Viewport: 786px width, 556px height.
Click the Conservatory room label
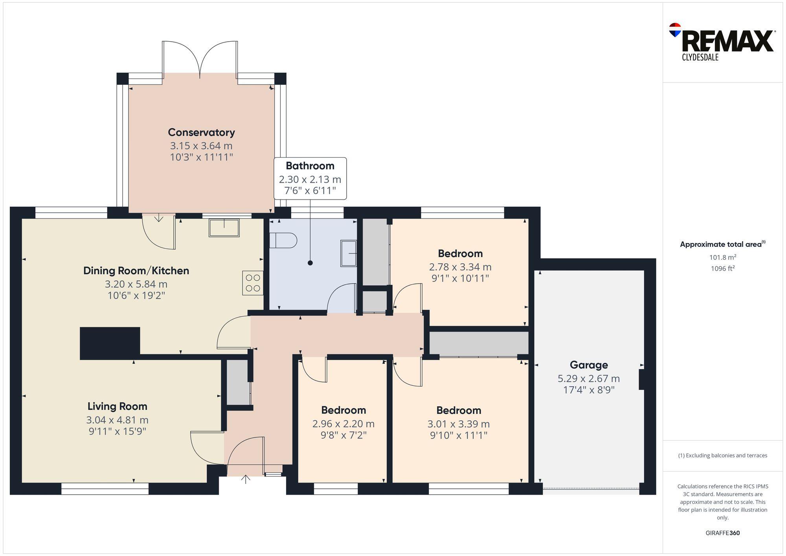pyautogui.click(x=201, y=132)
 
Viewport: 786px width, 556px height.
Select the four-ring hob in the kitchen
pyautogui.click(x=253, y=283)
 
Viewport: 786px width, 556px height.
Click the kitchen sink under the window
pyautogui.click(x=224, y=228)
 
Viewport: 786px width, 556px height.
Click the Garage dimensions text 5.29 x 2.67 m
pyautogui.click(x=588, y=379)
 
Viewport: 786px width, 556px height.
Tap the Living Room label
pyautogui.click(x=117, y=406)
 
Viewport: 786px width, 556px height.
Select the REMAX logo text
pyautogui.click(x=727, y=41)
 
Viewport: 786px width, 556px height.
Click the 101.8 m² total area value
pyautogui.click(x=722, y=258)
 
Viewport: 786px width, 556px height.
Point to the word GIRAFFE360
pyautogui.click(x=722, y=533)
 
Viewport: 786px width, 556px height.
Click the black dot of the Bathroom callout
pyautogui.click(x=310, y=263)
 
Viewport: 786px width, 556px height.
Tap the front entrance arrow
pyautogui.click(x=246, y=479)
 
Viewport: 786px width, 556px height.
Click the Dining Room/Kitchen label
pyautogui.click(x=136, y=271)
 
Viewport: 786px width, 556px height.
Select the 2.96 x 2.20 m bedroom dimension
pyautogui.click(x=343, y=424)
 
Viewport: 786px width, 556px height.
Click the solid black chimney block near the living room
pyautogui.click(x=110, y=343)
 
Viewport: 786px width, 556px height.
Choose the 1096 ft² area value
pyautogui.click(x=722, y=269)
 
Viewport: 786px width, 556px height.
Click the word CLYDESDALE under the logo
pyautogui.click(x=700, y=57)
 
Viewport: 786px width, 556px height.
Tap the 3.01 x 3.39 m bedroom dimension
pyautogui.click(x=458, y=424)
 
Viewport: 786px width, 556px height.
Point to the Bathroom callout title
pyautogui.click(x=310, y=166)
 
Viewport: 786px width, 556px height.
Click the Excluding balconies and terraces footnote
pyautogui.click(x=722, y=455)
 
